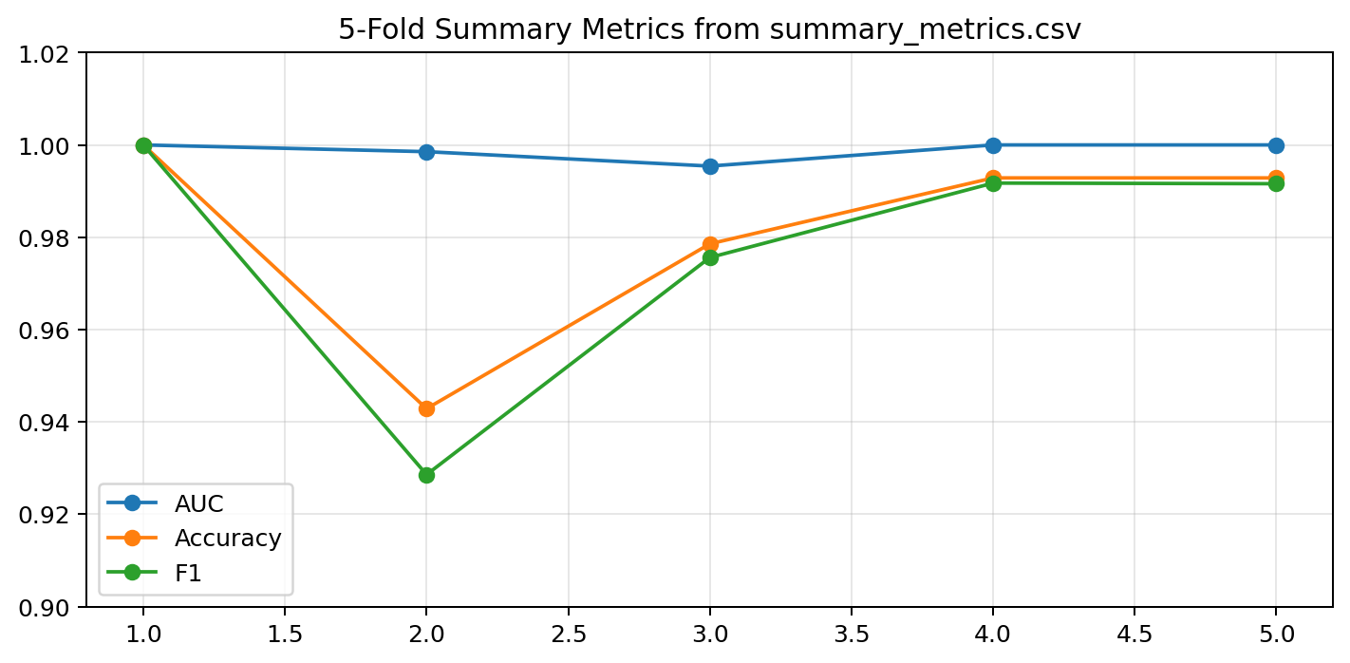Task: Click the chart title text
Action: pos(709,28)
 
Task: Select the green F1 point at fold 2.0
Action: pos(426,475)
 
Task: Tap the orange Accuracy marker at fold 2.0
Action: pos(426,408)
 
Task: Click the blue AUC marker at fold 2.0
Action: pos(426,152)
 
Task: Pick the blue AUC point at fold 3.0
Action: pos(710,166)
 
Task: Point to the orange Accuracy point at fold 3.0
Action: pos(710,244)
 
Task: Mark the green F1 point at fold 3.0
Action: pos(710,258)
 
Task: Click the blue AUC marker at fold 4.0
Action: pos(993,145)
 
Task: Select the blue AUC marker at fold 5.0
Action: pos(1276,145)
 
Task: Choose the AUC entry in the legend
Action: pos(198,503)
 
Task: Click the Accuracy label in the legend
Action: pos(228,538)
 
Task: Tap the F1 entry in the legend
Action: pos(188,573)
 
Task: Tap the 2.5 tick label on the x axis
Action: pos(569,635)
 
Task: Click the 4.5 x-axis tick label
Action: pos(1134,635)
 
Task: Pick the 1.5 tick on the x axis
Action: pos(285,635)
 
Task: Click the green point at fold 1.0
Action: pos(143,145)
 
